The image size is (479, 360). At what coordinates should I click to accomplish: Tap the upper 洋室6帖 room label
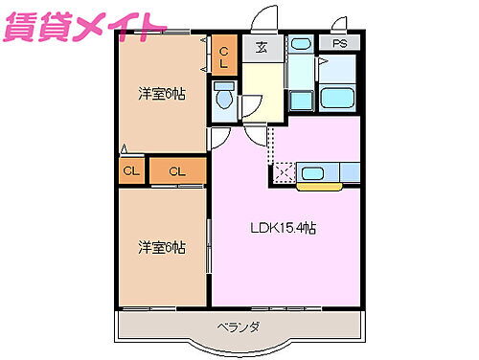[161, 93]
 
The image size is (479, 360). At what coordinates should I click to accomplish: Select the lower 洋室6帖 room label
[161, 247]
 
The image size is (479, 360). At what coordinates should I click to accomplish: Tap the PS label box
[340, 44]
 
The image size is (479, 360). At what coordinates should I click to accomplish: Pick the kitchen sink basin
[315, 172]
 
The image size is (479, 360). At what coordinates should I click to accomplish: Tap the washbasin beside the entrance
[301, 45]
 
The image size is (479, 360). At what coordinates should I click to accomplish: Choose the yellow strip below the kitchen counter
[319, 185]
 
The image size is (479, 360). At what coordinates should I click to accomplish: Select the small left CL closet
[128, 171]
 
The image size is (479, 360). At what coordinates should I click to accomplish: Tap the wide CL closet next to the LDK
[177, 171]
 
